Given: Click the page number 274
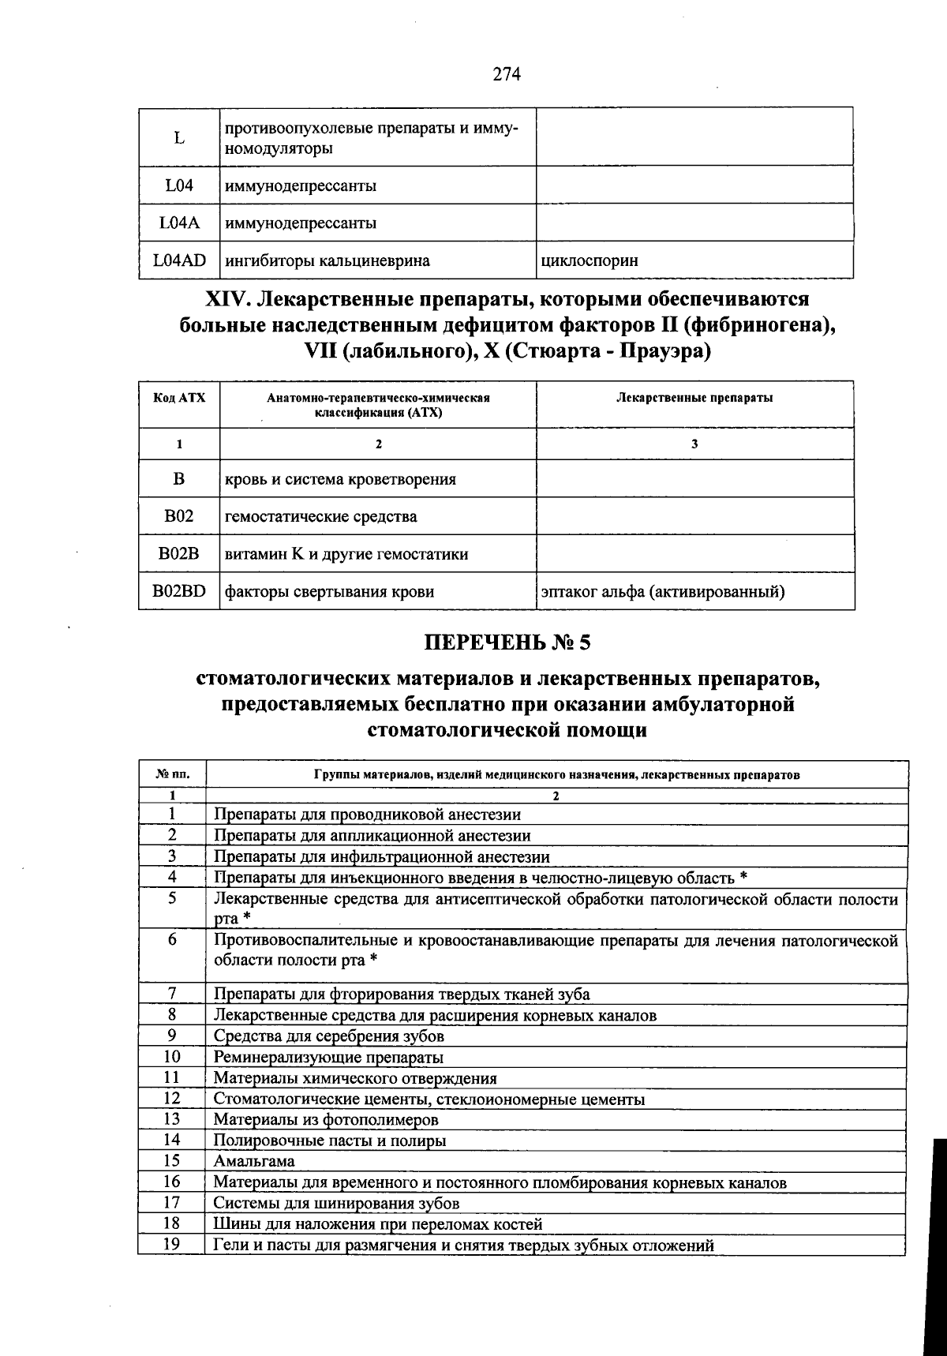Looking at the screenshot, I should pyautogui.click(x=507, y=74).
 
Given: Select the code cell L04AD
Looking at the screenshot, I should pyautogui.click(x=179, y=260).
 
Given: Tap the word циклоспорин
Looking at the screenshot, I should pyautogui.click(x=590, y=260).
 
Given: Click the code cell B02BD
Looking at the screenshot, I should pyautogui.click(x=179, y=591).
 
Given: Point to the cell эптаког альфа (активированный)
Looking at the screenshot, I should pyautogui.click(x=662, y=591).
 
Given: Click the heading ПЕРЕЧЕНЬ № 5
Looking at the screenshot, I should pyautogui.click(x=507, y=642).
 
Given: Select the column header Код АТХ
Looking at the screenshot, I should pyautogui.click(x=179, y=398).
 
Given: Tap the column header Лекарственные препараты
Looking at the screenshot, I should pyautogui.click(x=694, y=398).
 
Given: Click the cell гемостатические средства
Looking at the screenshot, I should pyautogui.click(x=321, y=517).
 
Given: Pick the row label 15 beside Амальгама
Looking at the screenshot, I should pyautogui.click(x=172, y=1160).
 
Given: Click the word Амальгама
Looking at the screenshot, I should pyautogui.click(x=254, y=1161).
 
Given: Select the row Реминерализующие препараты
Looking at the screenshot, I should pyautogui.click(x=328, y=1057).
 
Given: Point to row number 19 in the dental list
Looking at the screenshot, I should pyautogui.click(x=172, y=1244).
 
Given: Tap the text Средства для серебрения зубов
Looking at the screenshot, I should pyautogui.click(x=328, y=1036).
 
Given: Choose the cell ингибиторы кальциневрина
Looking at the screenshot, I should pyautogui.click(x=328, y=260).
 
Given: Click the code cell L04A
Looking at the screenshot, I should pyautogui.click(x=179, y=223).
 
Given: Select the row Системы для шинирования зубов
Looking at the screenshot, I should pyautogui.click(x=336, y=1203).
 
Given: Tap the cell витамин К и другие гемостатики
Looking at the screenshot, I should pyautogui.click(x=346, y=554).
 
